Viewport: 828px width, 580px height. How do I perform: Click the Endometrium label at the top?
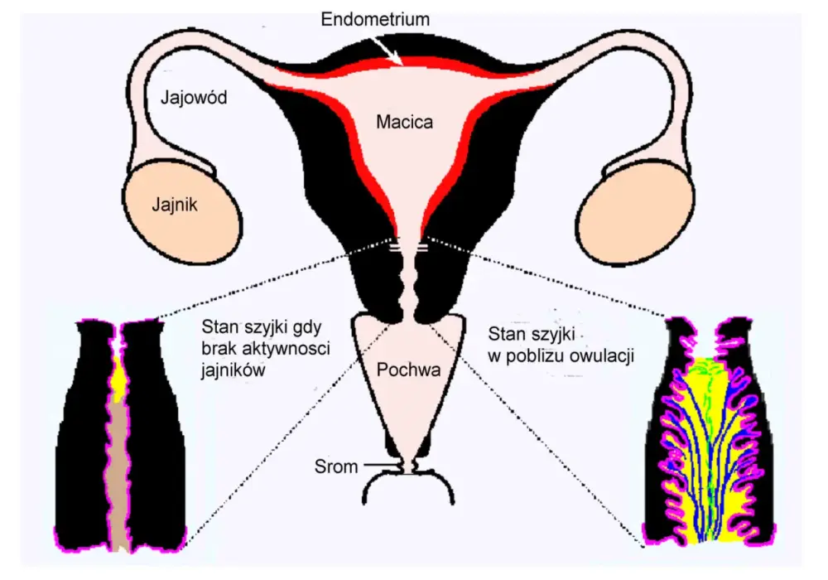click(375, 20)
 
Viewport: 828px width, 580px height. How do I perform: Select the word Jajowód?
click(194, 98)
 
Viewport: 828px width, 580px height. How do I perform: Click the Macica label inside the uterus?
click(405, 122)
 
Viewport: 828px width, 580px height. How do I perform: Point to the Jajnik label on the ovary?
click(174, 205)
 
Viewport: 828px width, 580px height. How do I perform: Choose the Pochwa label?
click(408, 370)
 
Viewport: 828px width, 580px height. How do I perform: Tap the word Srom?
click(336, 467)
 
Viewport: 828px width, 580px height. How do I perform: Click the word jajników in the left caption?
click(233, 370)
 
